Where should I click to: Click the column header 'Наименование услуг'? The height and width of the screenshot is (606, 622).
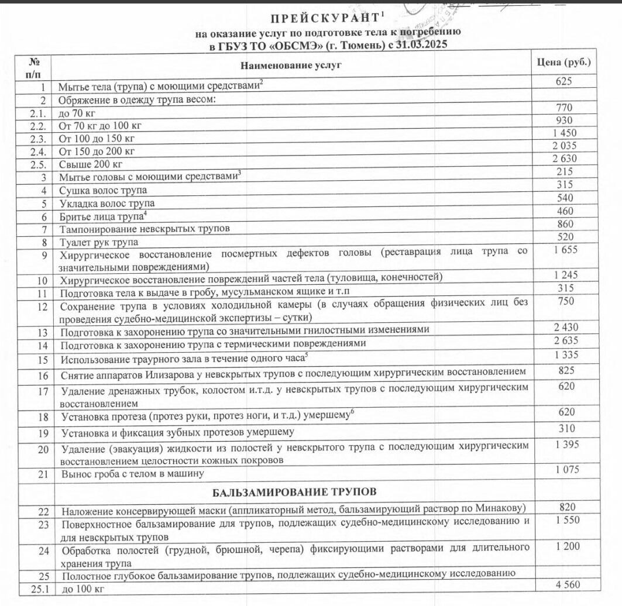click(x=290, y=65)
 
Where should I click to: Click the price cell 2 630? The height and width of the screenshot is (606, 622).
click(x=564, y=159)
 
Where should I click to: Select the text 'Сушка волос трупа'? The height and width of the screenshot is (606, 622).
click(x=103, y=190)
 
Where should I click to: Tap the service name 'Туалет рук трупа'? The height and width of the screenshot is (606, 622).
click(x=99, y=242)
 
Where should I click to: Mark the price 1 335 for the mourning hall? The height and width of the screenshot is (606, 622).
click(x=564, y=354)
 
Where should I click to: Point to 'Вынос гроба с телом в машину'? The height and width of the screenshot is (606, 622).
click(x=132, y=474)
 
